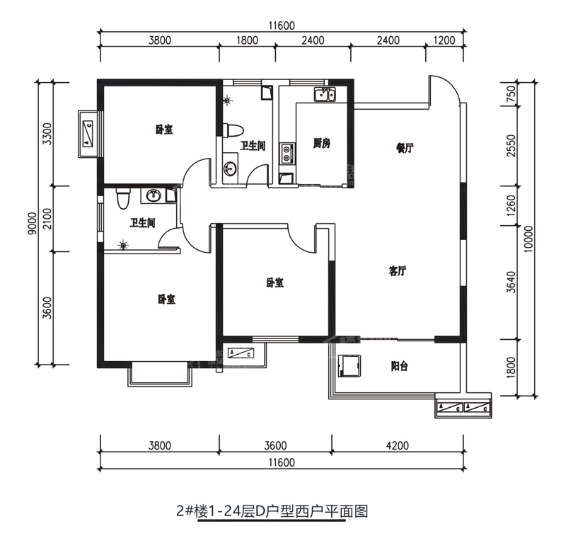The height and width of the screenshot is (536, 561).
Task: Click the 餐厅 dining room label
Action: pyautogui.click(x=404, y=149)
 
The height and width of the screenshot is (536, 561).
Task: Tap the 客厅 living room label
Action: pyautogui.click(x=398, y=271)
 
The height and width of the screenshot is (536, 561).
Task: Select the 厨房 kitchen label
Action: pyautogui.click(x=322, y=144)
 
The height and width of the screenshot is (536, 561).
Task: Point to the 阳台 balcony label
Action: pyautogui.click(x=400, y=366)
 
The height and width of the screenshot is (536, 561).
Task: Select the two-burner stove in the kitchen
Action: pyautogui.click(x=287, y=151)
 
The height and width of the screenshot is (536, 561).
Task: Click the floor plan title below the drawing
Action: pyautogui.click(x=272, y=511)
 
